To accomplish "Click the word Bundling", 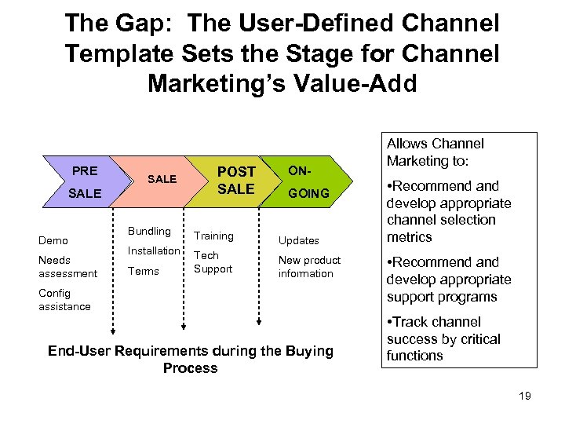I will point(149,231).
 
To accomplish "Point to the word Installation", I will point(154,251).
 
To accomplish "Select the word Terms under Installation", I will point(143,271).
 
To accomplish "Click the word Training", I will point(213,236).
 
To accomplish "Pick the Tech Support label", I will point(213,262).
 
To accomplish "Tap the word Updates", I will point(298,240).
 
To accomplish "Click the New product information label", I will point(309,267).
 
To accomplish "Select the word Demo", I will point(53,240).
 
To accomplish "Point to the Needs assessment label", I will point(67,267).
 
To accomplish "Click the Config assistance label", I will point(64,300).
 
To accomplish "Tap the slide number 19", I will point(524,396).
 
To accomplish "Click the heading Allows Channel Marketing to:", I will point(435,152).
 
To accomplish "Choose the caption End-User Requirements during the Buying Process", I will point(190,359).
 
